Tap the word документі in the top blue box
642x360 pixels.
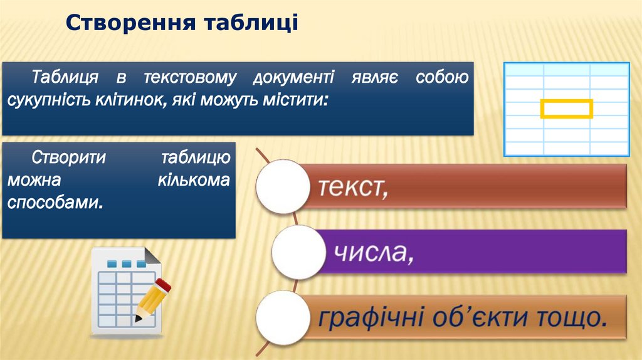point(293,78)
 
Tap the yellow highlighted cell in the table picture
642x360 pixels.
point(566,109)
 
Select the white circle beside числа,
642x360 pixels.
point(298,252)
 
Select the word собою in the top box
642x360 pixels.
point(442,78)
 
